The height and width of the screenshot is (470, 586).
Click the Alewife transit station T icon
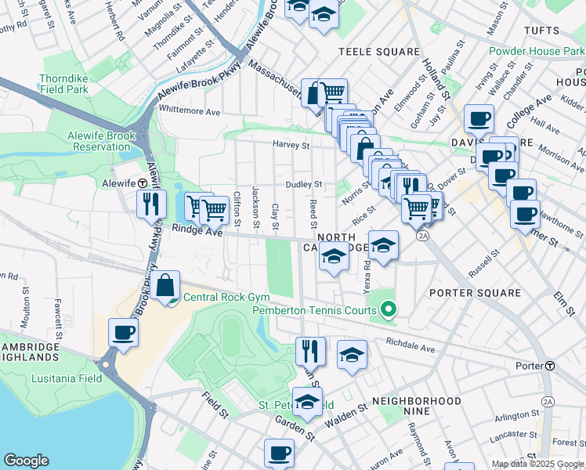point(143,183)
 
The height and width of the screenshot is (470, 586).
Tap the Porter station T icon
point(551,366)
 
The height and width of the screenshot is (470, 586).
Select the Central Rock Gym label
point(226,298)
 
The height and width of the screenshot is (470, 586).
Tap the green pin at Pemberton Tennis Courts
point(389,309)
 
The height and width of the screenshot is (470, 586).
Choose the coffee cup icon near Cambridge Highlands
point(123,332)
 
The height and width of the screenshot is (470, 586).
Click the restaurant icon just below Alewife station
point(150,204)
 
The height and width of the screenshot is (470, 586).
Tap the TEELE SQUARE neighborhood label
point(379,52)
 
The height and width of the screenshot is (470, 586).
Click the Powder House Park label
point(536,52)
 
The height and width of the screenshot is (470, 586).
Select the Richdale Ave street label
point(410,347)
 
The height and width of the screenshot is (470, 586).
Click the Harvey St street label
point(291,145)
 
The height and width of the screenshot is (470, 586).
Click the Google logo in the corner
point(26,461)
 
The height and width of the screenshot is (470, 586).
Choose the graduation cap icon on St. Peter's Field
point(307,401)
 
